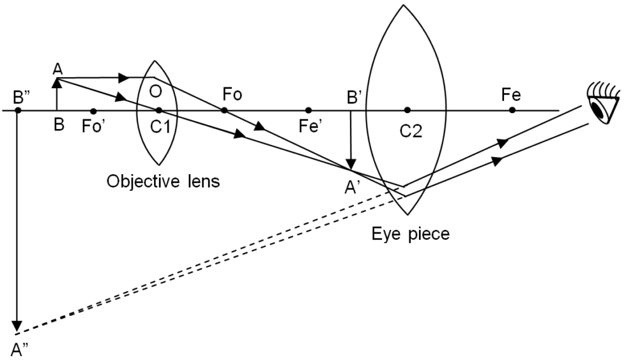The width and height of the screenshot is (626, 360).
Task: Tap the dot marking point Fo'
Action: point(93,110)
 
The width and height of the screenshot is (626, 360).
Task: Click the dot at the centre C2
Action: point(407,110)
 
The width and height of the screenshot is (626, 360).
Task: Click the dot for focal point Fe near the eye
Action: point(512,110)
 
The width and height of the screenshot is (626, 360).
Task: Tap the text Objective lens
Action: point(163,181)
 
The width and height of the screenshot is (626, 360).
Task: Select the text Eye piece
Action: point(411,234)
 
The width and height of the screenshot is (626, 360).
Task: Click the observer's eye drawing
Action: point(601,106)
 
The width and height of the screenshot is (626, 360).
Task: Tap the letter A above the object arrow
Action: point(58,68)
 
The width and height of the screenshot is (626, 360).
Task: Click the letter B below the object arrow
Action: point(59,125)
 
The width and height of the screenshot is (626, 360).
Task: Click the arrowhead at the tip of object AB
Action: point(57,81)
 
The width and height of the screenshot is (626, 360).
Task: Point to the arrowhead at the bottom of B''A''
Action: point(19,327)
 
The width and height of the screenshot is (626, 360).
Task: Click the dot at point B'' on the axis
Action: point(19,110)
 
